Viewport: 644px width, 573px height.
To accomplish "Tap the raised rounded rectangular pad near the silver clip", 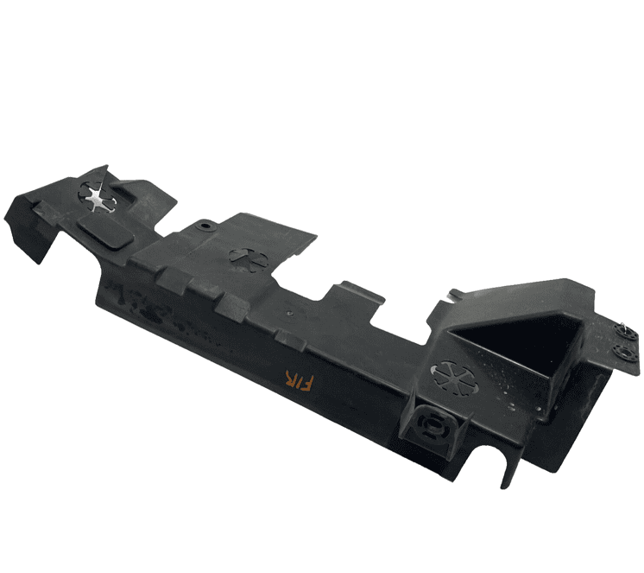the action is click(x=106, y=232).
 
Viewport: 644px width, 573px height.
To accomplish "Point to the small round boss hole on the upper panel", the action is click(x=204, y=226).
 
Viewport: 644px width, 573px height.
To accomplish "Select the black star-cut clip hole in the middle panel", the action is click(x=249, y=260).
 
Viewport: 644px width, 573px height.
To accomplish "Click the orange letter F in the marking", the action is click(x=306, y=383).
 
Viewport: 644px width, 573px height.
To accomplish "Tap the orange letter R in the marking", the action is click(x=291, y=379).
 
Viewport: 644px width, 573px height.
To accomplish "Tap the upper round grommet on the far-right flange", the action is click(x=625, y=331).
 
